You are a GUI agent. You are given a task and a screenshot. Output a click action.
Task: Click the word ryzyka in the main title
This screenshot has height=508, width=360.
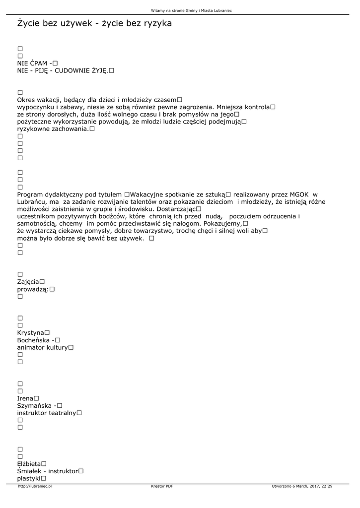click(x=154, y=23)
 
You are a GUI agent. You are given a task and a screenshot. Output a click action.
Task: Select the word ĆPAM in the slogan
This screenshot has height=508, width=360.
click(x=38, y=63)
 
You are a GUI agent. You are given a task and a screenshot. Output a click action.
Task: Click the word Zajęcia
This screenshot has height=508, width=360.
click(x=28, y=282)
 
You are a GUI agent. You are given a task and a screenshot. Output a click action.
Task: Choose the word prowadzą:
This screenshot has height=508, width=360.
click(x=33, y=289)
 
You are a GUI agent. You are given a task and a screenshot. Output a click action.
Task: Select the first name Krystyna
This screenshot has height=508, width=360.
click(x=30, y=333)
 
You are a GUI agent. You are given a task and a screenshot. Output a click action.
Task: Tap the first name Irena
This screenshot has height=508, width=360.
click(x=25, y=398)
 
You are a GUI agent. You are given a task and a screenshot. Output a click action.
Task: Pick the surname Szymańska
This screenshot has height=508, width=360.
click(x=34, y=406)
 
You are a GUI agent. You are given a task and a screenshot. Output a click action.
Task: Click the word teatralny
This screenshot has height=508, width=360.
click(x=62, y=413)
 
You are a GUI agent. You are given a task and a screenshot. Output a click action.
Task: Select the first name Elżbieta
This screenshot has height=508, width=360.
click(x=29, y=464)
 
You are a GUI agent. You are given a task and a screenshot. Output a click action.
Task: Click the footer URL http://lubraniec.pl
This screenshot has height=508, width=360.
click(x=35, y=487)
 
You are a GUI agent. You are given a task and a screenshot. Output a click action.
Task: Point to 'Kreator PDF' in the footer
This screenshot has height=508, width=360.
click(x=162, y=487)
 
